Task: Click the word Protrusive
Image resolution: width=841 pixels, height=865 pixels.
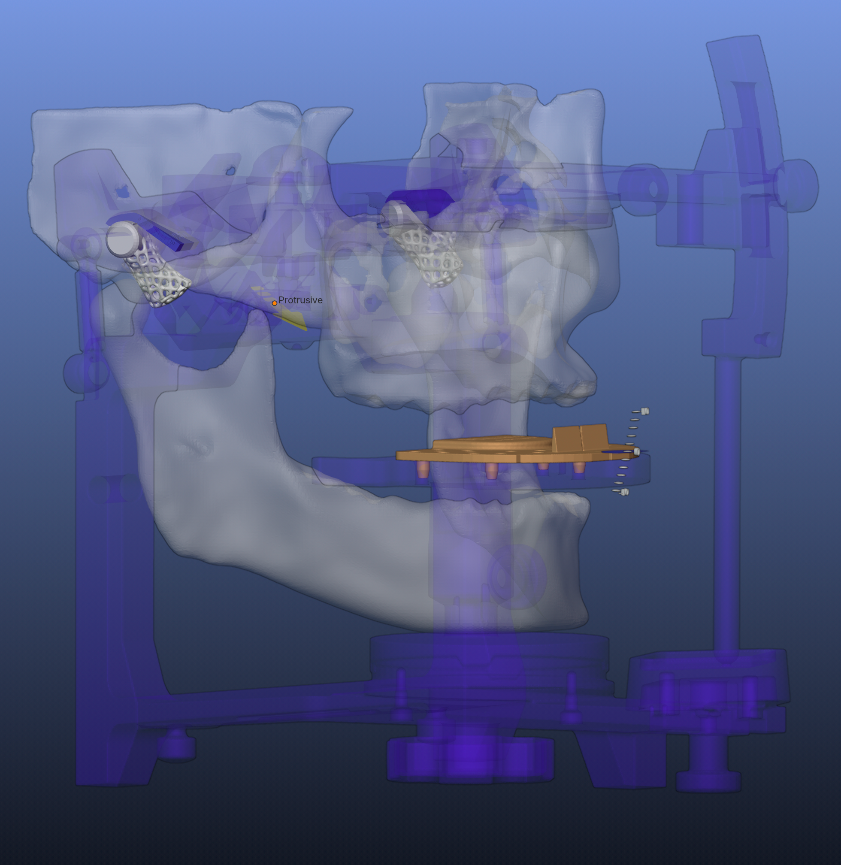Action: point(300,300)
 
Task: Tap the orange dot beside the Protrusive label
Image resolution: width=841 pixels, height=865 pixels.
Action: point(274,303)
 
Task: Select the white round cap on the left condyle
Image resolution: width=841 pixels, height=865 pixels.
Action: point(121,239)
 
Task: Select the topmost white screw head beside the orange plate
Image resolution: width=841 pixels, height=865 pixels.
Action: point(645,411)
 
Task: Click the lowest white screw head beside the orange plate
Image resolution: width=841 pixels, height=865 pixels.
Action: point(625,492)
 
